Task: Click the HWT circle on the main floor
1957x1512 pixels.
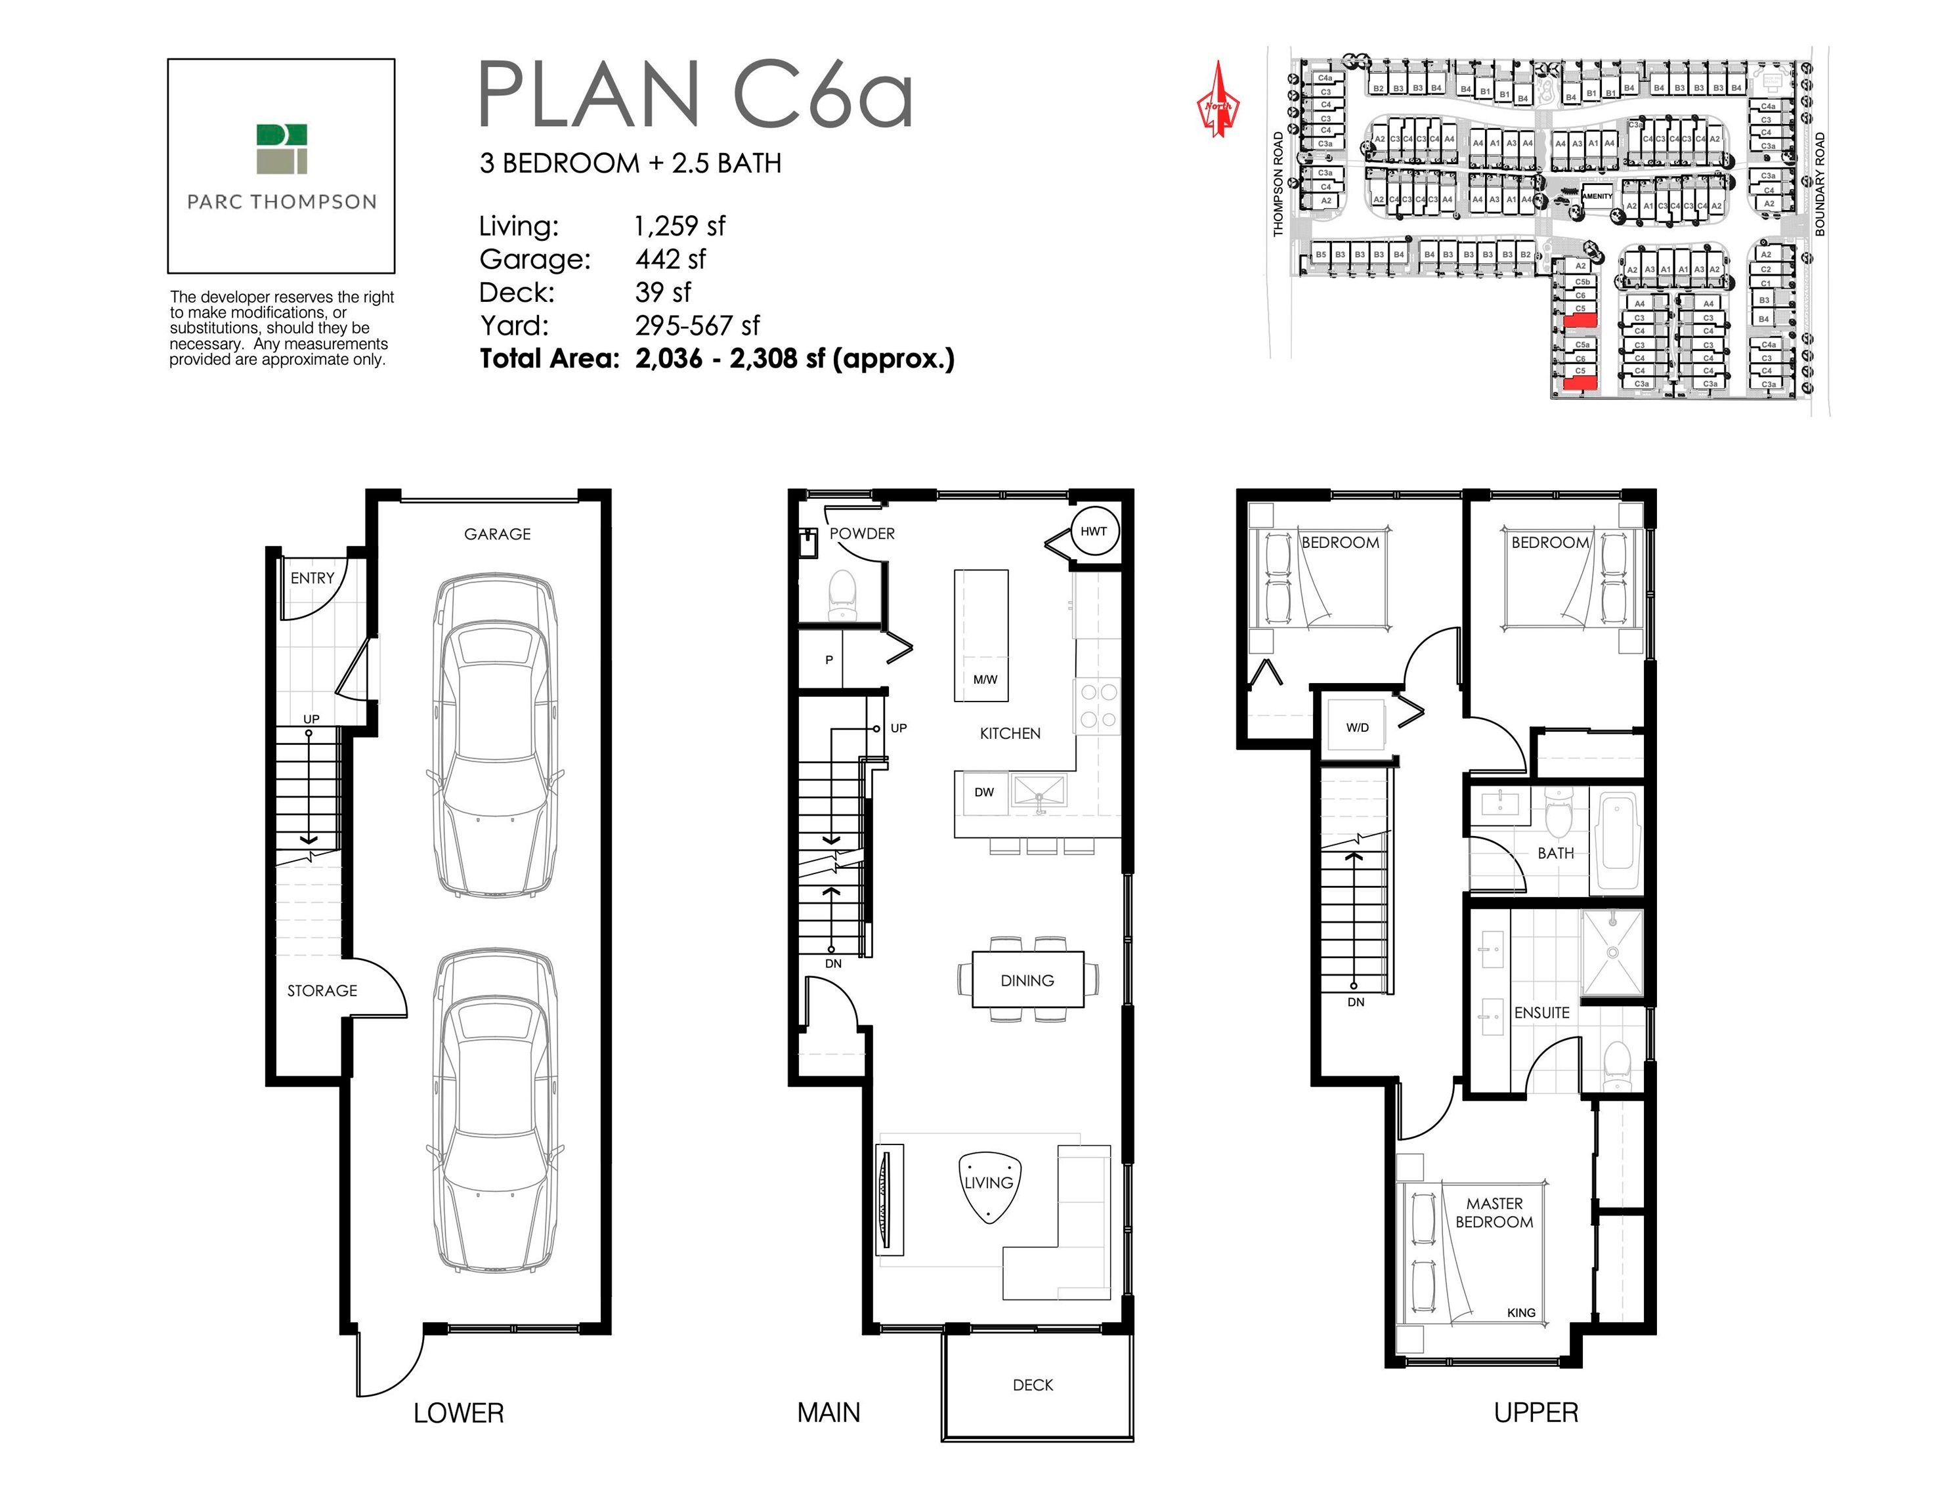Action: click(x=1093, y=531)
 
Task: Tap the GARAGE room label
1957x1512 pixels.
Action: click(x=498, y=534)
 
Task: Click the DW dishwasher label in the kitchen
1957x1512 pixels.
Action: click(x=984, y=792)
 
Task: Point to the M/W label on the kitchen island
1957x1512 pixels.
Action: click(x=985, y=679)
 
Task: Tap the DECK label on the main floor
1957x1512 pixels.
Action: click(x=1032, y=1385)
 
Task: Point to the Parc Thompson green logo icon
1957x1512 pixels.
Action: click(x=282, y=149)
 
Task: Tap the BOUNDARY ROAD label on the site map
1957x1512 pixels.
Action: click(x=1820, y=184)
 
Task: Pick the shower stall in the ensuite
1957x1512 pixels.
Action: click(x=1612, y=953)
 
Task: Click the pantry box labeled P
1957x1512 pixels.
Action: click(x=829, y=660)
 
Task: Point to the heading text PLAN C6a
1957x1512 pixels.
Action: click(x=695, y=95)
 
